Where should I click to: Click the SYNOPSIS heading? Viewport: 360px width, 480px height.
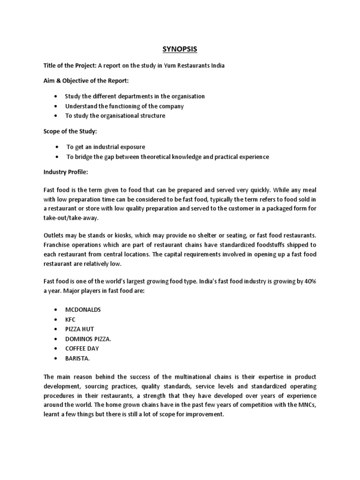(x=180, y=49)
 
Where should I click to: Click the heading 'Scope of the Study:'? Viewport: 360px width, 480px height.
(x=70, y=131)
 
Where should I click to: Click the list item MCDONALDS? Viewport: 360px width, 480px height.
(x=83, y=310)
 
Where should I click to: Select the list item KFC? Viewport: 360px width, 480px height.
(x=70, y=320)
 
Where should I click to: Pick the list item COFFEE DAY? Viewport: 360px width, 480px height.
(x=82, y=348)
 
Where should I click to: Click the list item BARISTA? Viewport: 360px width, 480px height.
(x=77, y=358)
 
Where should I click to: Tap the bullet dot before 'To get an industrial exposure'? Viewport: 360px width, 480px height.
(x=57, y=147)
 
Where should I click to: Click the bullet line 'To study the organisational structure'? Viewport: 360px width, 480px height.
(x=115, y=116)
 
